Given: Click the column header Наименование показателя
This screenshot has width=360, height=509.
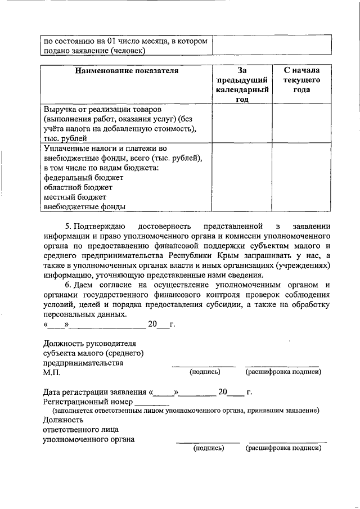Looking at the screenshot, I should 127,71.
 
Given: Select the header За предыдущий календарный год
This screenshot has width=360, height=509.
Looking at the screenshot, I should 242,85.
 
